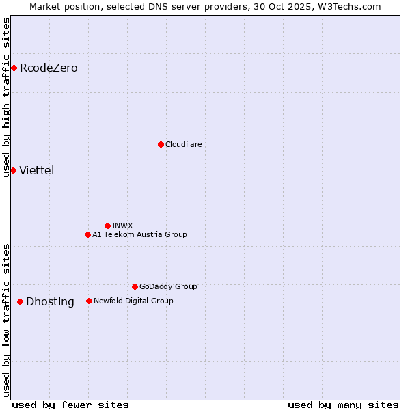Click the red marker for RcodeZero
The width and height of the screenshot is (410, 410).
tap(14, 68)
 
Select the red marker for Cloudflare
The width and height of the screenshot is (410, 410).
tap(161, 144)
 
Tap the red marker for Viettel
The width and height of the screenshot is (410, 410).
tap(13, 170)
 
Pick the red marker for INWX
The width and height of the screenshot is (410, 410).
tap(107, 225)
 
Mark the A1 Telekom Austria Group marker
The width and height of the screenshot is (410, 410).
tap(87, 234)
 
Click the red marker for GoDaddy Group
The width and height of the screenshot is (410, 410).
tap(135, 286)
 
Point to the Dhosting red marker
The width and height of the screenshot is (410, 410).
tap(20, 301)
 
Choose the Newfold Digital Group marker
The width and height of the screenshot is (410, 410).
tap(89, 301)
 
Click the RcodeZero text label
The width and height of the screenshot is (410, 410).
tap(49, 68)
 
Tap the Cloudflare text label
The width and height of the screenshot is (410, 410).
tap(184, 144)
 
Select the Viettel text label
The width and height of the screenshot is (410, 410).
tap(36, 170)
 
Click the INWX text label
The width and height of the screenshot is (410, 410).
tap(122, 225)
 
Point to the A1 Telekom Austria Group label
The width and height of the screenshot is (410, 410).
tap(139, 234)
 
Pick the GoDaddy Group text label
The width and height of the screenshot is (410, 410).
tap(168, 286)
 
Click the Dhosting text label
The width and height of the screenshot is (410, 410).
tap(50, 301)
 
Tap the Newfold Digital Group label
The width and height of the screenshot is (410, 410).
tap(133, 301)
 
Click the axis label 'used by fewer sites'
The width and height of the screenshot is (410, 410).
tap(70, 405)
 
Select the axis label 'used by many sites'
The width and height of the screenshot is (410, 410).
tap(343, 405)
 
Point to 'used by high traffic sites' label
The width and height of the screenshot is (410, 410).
tap(7, 97)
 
